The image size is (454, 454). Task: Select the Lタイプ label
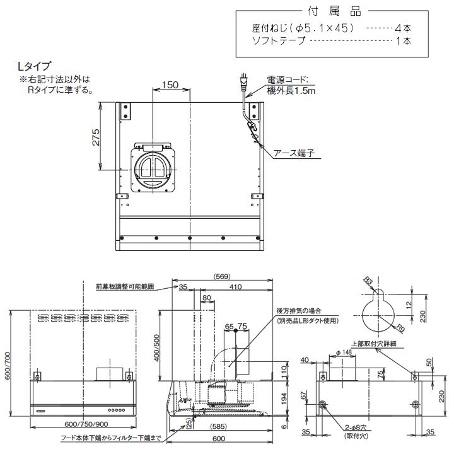[x=35, y=66]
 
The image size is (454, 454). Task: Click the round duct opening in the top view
[x=154, y=166]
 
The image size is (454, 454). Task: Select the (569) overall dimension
[x=221, y=275]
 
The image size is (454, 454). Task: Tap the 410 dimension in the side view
[x=235, y=288]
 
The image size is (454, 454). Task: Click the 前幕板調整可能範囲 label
[x=125, y=286]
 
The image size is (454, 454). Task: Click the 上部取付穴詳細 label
[x=373, y=344]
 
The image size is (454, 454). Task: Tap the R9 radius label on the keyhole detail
[x=400, y=327]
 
